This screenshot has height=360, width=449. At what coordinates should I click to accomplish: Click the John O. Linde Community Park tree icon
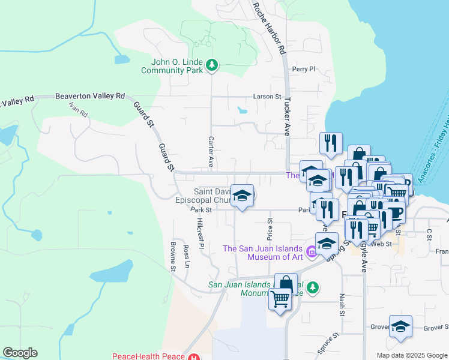coord(211,65)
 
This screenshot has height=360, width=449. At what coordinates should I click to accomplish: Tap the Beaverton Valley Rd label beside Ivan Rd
coord(90,96)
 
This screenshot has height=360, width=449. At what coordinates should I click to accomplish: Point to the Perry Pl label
coord(303,70)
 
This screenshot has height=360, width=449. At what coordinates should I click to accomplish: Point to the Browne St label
coord(172,257)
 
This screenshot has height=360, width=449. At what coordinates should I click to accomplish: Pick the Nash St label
coord(342,304)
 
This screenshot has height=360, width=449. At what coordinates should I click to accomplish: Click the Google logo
coord(20,353)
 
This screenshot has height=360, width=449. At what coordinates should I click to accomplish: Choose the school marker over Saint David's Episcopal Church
coord(242,196)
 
